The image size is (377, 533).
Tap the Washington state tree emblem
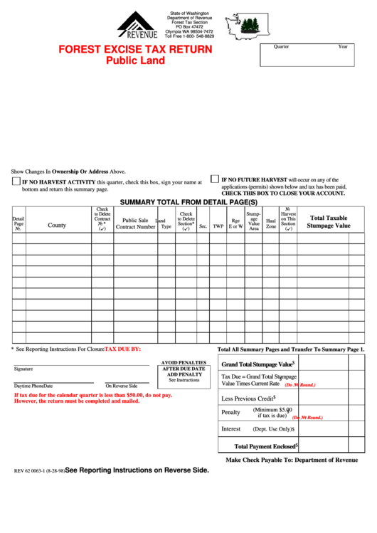(x=245, y=27)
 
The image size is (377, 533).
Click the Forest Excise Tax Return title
(x=135, y=49)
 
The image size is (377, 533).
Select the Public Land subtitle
(x=135, y=60)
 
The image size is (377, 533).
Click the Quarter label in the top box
(x=281, y=46)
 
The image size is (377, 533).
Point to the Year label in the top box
(x=342, y=46)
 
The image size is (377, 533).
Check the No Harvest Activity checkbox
(x=16, y=182)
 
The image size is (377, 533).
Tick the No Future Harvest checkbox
(x=214, y=179)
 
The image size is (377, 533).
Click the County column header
(x=57, y=225)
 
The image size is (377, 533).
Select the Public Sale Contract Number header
(x=135, y=223)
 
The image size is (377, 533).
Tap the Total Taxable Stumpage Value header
(x=329, y=222)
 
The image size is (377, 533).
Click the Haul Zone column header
(x=271, y=223)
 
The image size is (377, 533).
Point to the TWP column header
(x=218, y=226)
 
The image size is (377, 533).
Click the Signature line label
(x=23, y=369)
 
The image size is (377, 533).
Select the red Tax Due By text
(x=122, y=349)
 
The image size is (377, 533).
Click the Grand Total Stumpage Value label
(x=257, y=364)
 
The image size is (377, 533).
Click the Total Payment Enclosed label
(x=265, y=447)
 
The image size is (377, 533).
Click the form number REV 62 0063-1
(x=39, y=471)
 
